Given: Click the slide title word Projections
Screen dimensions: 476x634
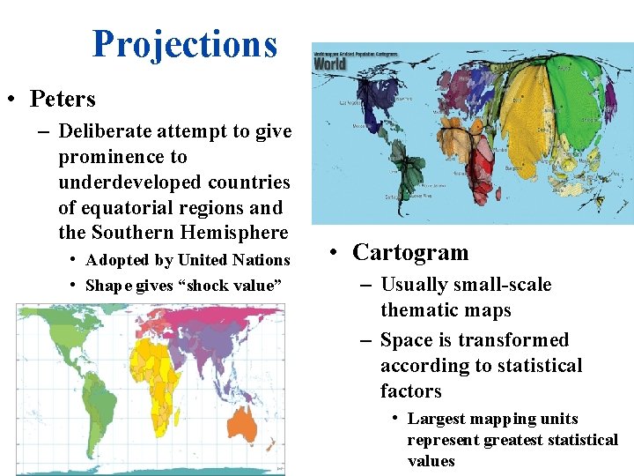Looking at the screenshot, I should coord(184,44).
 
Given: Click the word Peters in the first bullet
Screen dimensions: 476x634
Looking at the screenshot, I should coord(63,99).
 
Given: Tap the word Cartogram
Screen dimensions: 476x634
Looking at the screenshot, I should coord(410,253).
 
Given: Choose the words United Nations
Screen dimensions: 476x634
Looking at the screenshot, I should coord(233,260).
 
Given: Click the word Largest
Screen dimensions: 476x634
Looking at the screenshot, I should coord(437,419).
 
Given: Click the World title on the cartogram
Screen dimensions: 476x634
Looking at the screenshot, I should coord(330,63).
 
